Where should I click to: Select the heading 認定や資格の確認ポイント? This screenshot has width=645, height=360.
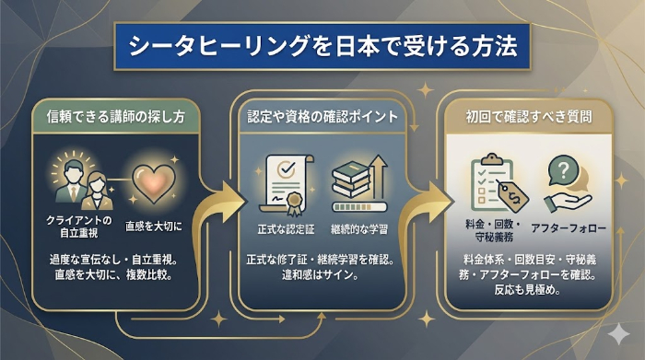pos(322,118)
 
